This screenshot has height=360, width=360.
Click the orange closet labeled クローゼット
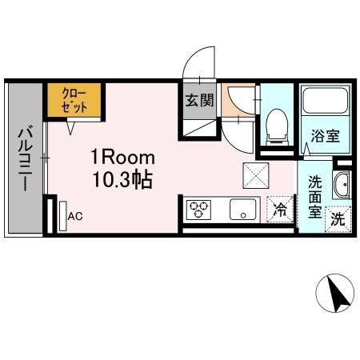tap(73, 100)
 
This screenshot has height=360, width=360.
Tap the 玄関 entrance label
tap(199, 101)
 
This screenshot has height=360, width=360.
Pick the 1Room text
tap(117, 157)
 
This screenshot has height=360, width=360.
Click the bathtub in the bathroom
tap(324, 102)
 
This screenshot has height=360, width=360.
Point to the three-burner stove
tap(198, 210)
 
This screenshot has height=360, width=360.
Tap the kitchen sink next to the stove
tap(240, 210)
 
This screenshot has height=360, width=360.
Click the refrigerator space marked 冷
tap(280, 210)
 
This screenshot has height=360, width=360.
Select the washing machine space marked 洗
tap(338, 218)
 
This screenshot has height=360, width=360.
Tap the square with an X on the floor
tap(257, 172)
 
